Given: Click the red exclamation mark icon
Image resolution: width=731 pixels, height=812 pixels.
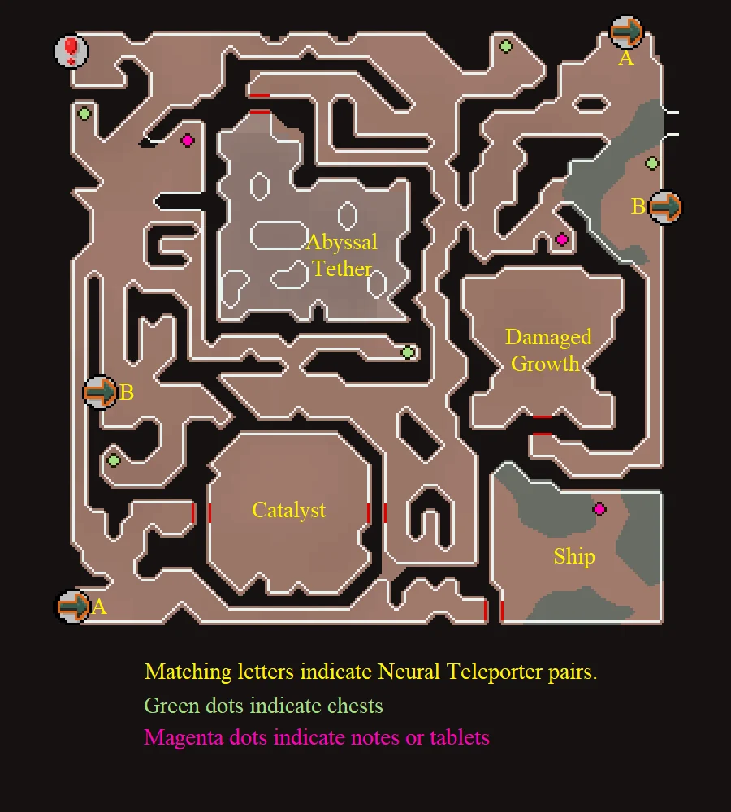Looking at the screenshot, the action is point(71,50).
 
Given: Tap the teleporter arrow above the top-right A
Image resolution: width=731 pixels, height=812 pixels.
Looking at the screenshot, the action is point(626,32).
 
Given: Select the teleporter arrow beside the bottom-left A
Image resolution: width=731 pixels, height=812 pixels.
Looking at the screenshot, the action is point(73,607).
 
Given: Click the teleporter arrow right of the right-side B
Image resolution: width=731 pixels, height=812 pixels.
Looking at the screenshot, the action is point(665,207).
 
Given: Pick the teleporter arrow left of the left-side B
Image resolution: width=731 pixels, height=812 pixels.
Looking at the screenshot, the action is point(101,392).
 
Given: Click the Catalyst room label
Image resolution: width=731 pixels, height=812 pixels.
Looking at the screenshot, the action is point(288,511).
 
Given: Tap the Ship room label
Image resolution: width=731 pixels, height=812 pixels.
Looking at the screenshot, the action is point(574,557).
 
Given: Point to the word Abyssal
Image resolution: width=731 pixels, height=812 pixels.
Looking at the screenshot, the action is point(341,242).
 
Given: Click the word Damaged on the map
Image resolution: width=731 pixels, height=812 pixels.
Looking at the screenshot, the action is point(548,337).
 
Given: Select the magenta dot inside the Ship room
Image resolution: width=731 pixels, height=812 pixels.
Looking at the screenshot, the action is point(599,509).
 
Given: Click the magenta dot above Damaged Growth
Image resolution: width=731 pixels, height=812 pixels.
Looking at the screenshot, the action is point(562,240).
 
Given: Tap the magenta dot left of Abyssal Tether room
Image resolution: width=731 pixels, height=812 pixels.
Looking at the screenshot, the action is point(188,140).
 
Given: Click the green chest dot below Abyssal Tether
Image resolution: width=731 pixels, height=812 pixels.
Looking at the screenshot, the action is point(408,352).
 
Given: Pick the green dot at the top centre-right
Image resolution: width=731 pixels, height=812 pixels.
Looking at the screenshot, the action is point(506,46).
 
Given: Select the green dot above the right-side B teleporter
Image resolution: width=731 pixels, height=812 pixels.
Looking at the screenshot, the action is point(652,164).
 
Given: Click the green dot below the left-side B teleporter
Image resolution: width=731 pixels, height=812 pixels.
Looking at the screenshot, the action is point(114,460).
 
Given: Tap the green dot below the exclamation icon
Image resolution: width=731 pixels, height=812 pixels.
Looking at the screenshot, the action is point(84,114).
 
